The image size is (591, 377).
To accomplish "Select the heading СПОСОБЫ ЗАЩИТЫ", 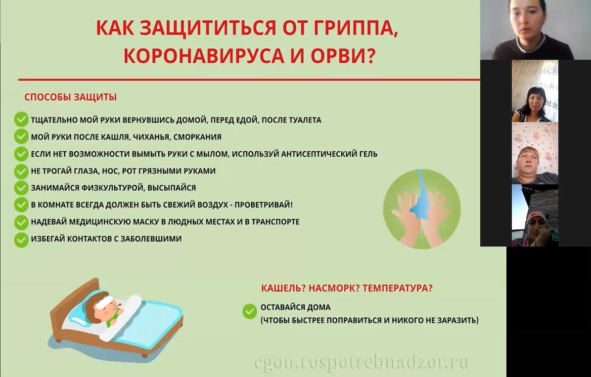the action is point(71,97).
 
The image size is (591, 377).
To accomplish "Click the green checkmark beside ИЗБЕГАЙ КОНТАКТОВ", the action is point(21,240).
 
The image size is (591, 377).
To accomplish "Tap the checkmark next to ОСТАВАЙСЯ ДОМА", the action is point(250,311).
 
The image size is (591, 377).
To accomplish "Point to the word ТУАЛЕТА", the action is point(305,120).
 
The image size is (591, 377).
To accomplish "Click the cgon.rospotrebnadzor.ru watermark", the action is point(362,362).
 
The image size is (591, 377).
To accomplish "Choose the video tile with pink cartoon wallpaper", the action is point(535,153).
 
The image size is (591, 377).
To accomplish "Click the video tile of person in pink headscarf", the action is point(535,215).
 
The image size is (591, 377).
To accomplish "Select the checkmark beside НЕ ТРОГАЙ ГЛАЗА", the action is point(21,172).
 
